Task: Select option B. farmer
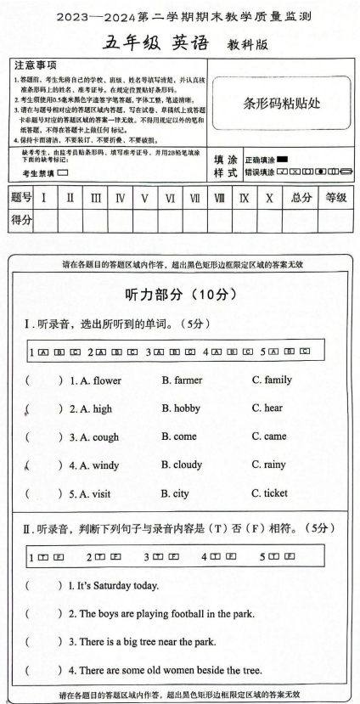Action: [182, 380]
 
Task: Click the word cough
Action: [107, 436]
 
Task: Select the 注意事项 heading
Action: [36, 65]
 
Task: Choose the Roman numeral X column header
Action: [270, 198]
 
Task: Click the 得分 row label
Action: [21, 220]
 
